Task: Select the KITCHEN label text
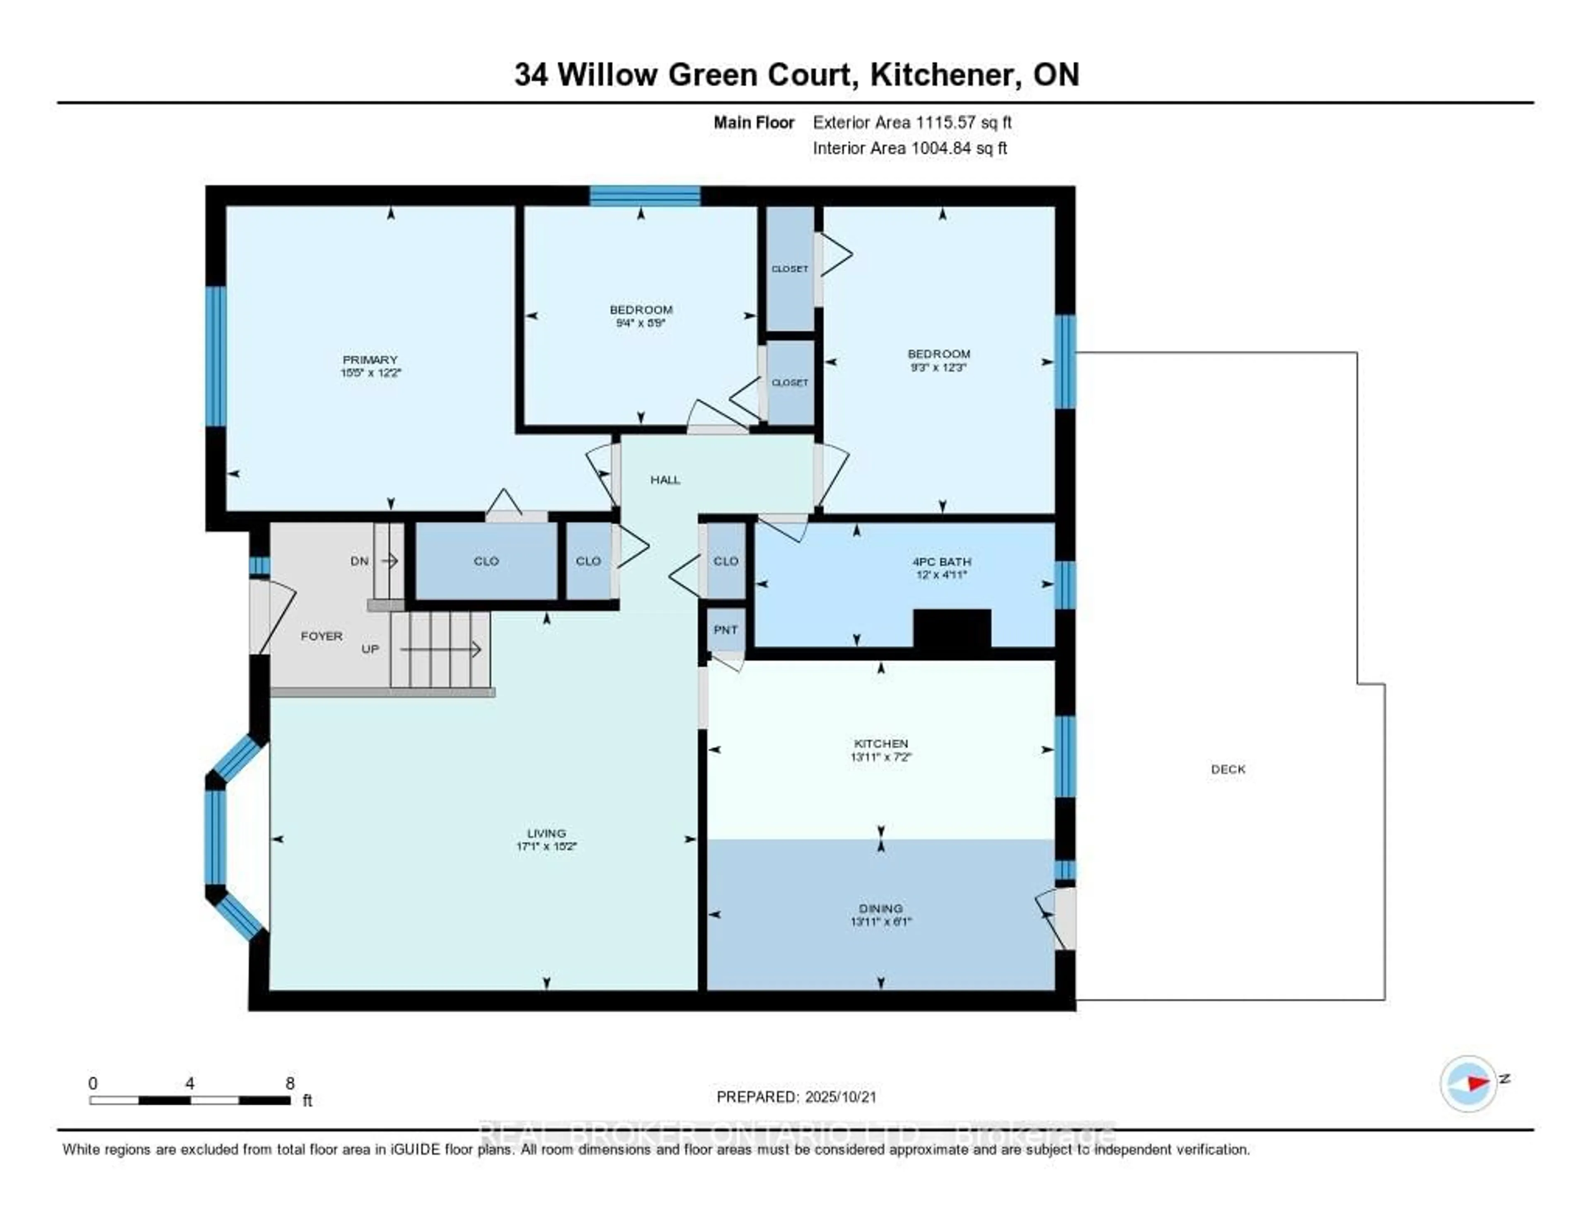click(881, 743)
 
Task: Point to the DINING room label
click(881, 908)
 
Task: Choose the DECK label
click(1228, 769)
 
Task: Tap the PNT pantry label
click(725, 629)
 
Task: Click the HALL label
click(665, 479)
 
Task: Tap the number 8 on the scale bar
click(290, 1083)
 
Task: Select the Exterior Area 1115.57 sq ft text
click(912, 122)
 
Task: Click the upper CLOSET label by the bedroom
click(790, 269)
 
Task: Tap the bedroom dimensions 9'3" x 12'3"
click(938, 367)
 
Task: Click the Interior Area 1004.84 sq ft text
click(910, 148)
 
